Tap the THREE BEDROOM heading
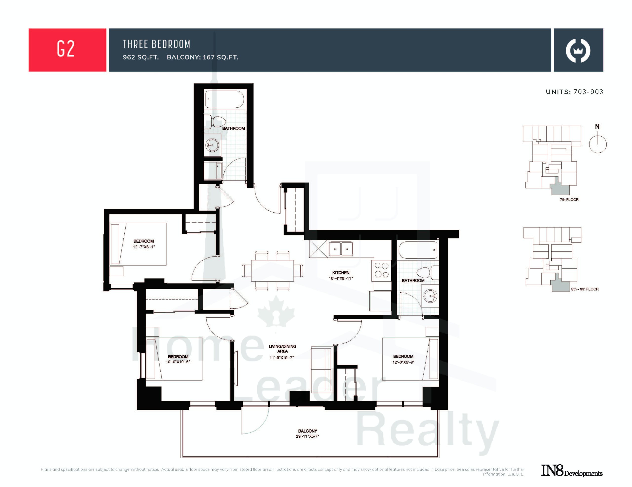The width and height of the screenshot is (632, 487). [157, 44]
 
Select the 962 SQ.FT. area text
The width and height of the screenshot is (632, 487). [141, 57]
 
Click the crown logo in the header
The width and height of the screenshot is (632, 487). [578, 51]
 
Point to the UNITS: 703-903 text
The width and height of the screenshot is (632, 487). [574, 92]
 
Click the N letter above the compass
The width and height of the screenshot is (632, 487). [597, 126]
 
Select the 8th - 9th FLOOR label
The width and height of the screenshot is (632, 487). [585, 289]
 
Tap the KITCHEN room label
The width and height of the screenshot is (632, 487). [341, 273]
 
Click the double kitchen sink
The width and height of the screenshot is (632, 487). [341, 249]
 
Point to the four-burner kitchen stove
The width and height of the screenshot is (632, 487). [382, 270]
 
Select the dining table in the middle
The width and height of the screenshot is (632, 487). [272, 271]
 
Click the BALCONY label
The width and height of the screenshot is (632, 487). [308, 431]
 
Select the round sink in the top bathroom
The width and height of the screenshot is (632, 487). [212, 145]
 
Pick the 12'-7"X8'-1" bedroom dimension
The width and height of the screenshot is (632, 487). [144, 247]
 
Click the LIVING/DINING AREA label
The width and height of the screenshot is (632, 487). [282, 349]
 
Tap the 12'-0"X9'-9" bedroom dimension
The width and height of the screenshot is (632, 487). [403, 362]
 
